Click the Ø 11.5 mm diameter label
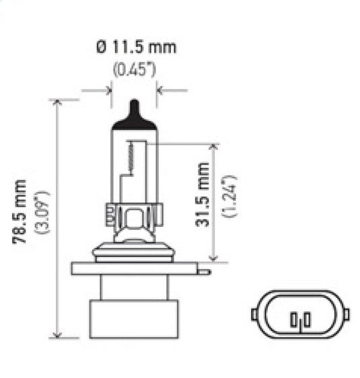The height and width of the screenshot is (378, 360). pos(137,47)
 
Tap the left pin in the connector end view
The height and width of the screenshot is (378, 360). pos(294,319)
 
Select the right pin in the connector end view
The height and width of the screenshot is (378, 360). pos(305,319)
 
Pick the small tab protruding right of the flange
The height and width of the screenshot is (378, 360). pos(204,271)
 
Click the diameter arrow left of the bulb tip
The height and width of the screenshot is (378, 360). pos(106,88)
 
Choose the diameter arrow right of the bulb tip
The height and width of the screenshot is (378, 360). pos(162,88)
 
